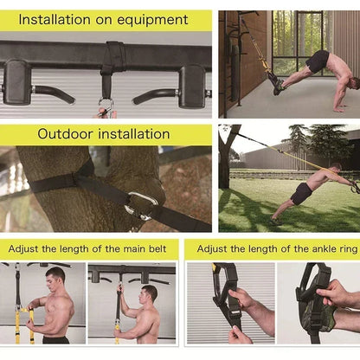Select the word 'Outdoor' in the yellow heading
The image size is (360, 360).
tap(67, 134)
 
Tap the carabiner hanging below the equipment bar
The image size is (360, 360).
tap(106, 107)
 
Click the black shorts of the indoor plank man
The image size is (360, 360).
tap(318, 62)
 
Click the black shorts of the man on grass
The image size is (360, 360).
tap(302, 193)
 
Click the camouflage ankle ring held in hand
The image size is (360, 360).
tap(317, 303)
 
